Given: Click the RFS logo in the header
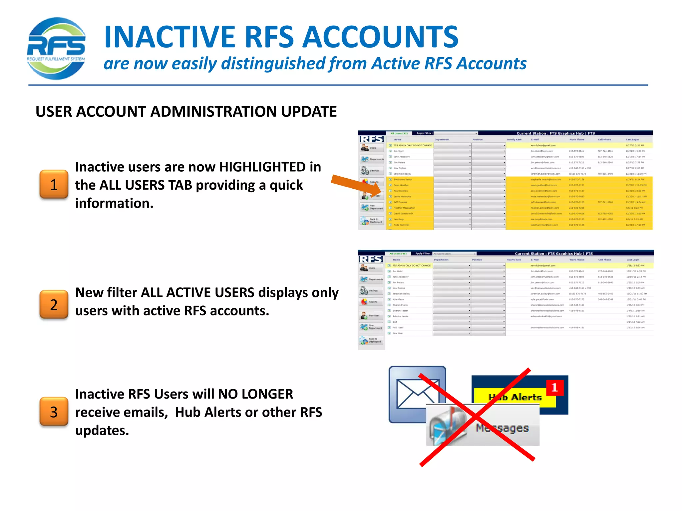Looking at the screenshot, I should (x=56, y=49).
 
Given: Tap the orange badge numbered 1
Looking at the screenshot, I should (x=54, y=185).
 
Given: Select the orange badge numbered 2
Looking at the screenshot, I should (x=54, y=305).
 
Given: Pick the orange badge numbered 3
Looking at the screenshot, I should (x=54, y=412).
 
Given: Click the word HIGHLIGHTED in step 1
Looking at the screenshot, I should (x=262, y=167).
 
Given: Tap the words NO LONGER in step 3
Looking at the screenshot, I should (x=255, y=394).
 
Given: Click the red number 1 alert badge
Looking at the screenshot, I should (x=554, y=388).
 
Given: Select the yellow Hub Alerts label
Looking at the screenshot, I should (x=515, y=397).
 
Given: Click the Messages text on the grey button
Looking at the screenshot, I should (x=502, y=428).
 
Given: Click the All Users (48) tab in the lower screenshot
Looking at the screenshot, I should (x=398, y=254).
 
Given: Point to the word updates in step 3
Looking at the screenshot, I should (x=102, y=431).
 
